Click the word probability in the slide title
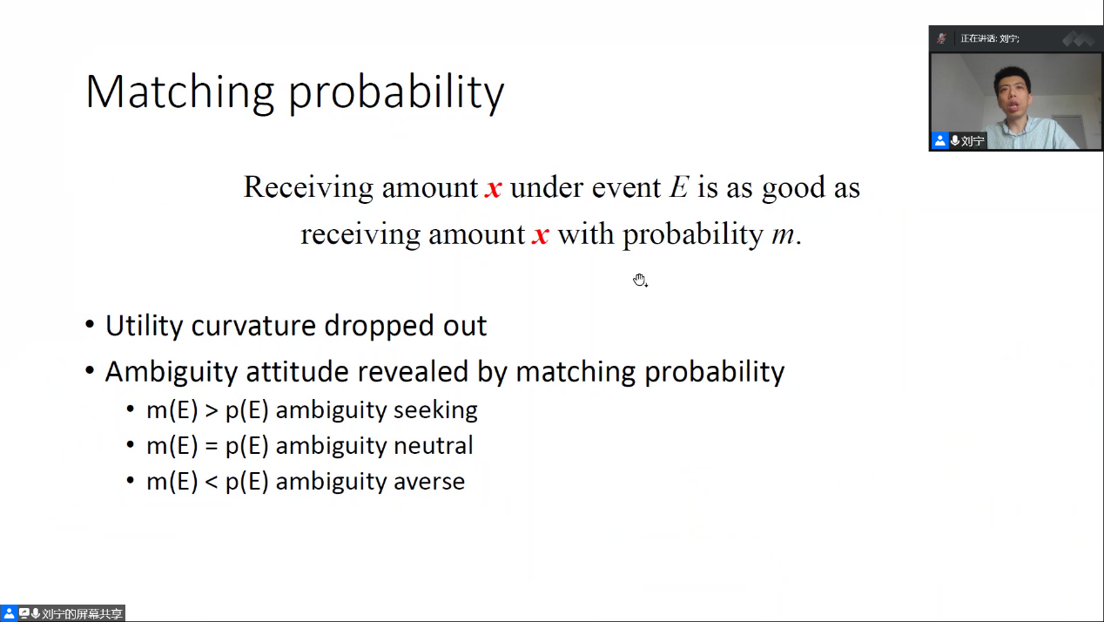[396, 93]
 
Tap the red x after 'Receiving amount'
[494, 188]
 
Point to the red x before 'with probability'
[541, 235]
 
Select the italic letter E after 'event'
[678, 187]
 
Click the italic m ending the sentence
[783, 235]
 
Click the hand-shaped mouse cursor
[640, 281]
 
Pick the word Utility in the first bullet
[144, 327]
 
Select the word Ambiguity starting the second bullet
[172, 372]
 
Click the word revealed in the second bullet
[413, 371]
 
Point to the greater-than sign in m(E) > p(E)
[212, 411]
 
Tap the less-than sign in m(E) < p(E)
[212, 483]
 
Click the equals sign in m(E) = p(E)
[212, 446]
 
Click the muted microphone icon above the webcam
[941, 38]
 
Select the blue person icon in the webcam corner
[939, 141]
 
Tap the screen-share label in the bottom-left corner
[63, 613]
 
